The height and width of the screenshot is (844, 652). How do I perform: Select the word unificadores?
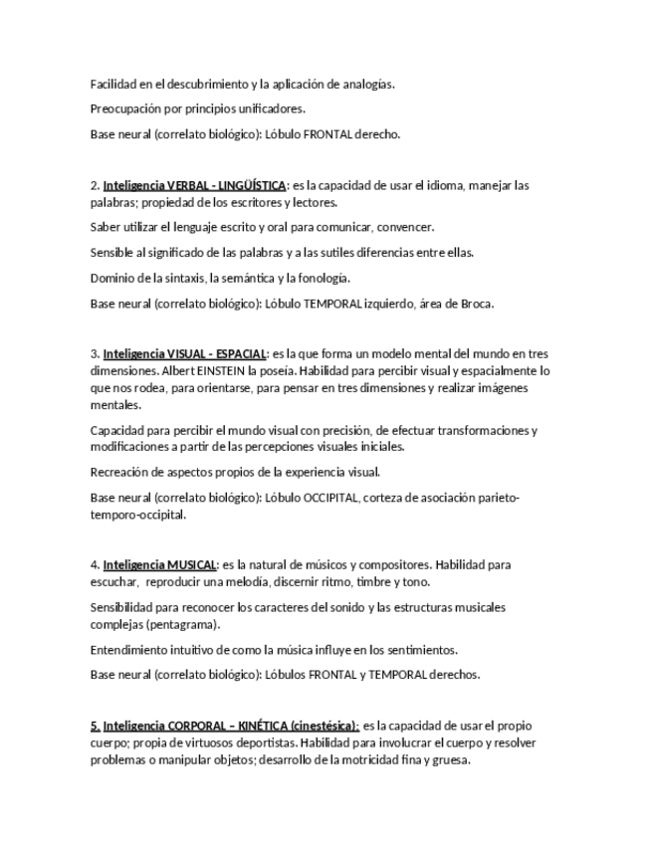click(x=270, y=109)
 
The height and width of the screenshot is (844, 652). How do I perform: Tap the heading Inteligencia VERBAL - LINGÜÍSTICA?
click(x=194, y=185)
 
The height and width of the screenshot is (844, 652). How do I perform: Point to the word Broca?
click(x=476, y=304)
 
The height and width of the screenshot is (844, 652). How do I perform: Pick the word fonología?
click(x=321, y=278)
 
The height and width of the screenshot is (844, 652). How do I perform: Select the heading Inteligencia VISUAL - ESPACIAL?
click(x=184, y=353)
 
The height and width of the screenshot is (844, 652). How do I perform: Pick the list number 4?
click(x=94, y=564)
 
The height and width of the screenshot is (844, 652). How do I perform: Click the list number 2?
click(x=94, y=185)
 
